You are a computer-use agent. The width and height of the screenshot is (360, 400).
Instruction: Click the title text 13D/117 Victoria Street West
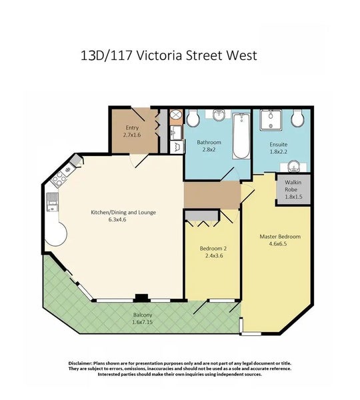[167, 55]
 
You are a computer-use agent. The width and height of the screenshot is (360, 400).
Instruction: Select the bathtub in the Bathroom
[241, 136]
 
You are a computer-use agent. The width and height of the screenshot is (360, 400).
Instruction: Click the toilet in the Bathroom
[193, 119]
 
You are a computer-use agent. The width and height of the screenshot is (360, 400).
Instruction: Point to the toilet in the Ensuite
[298, 119]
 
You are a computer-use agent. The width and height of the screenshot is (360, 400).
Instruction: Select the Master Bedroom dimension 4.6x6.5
[280, 245]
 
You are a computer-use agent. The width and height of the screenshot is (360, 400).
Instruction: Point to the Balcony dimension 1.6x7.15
[142, 322]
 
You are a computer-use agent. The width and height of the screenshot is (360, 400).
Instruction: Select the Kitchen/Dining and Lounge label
[123, 213]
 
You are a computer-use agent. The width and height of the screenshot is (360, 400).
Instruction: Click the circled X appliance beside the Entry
[176, 115]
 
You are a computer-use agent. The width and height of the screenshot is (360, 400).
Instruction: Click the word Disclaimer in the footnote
[84, 363]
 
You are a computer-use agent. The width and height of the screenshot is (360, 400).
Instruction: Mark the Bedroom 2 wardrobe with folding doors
[202, 215]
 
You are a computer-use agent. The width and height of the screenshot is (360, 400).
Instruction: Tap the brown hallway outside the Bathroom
[212, 194]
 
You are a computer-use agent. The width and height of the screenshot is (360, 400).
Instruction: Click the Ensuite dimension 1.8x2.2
[279, 152]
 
